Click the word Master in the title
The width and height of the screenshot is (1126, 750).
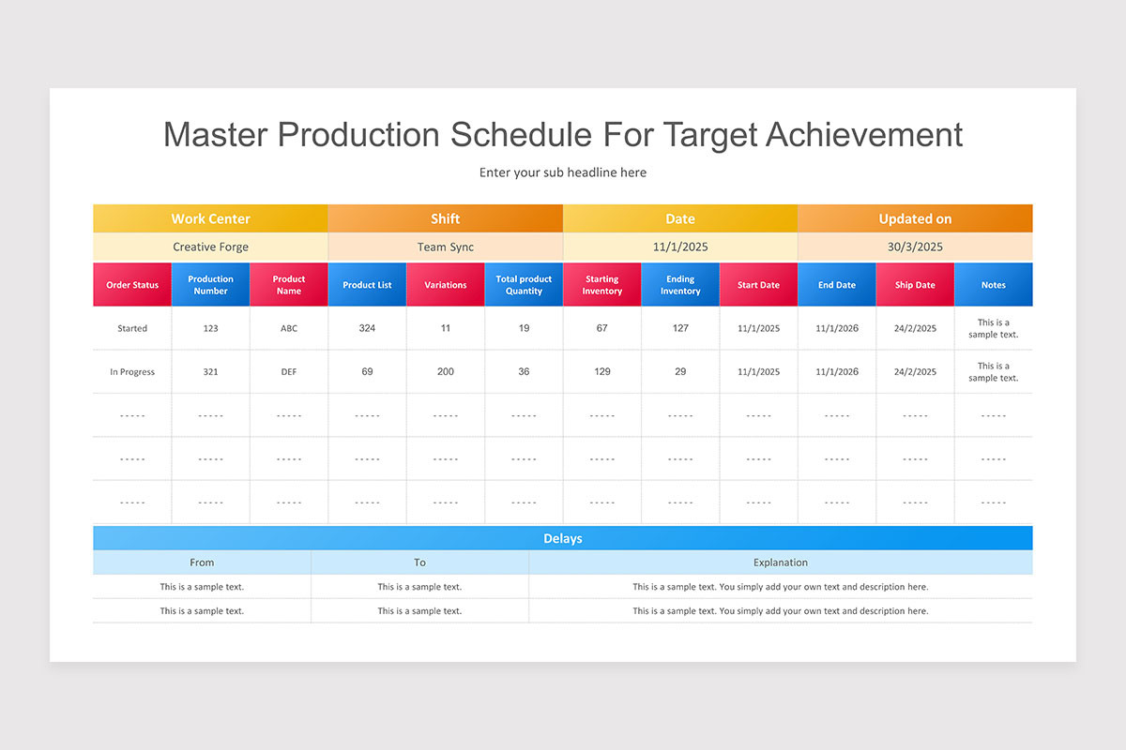click(x=215, y=135)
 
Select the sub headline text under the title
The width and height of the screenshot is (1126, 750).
click(x=563, y=172)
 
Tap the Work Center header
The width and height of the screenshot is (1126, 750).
click(x=210, y=218)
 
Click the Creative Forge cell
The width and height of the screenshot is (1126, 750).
click(x=210, y=247)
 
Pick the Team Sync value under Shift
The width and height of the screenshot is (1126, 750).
click(x=446, y=247)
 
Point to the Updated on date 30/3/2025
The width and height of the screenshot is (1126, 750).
click(x=915, y=247)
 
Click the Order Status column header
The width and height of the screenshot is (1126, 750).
click(x=132, y=285)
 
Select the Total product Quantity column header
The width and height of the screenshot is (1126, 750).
click(x=524, y=285)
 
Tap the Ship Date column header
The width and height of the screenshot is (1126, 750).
click(x=915, y=285)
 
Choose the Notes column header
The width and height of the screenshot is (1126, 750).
click(x=993, y=285)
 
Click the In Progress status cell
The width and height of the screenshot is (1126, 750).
click(x=132, y=372)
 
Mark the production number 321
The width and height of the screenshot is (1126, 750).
click(x=210, y=372)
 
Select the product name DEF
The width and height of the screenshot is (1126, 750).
click(x=289, y=372)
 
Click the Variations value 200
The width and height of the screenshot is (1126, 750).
click(x=446, y=372)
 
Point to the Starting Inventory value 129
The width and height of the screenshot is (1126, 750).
click(x=602, y=372)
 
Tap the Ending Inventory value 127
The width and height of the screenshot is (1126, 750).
click(x=680, y=328)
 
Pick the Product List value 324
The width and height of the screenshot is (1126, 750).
click(x=367, y=328)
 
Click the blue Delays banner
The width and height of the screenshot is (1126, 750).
click(x=563, y=538)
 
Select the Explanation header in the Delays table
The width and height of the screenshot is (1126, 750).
click(x=780, y=562)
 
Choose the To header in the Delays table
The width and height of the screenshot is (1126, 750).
click(x=419, y=562)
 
